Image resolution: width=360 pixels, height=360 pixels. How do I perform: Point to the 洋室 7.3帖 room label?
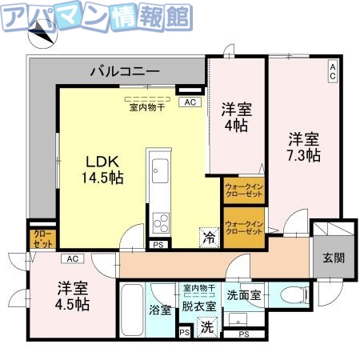coord(305,146)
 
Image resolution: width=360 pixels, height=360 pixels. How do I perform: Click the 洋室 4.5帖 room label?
coord(73,296)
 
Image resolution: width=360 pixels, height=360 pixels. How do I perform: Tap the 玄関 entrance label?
coord(334,258)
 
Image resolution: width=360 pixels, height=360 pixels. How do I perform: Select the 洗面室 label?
coord(243,294)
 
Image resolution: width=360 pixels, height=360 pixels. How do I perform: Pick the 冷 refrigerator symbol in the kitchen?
coord(209,237)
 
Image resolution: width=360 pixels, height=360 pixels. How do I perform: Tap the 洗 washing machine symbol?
coord(206,326)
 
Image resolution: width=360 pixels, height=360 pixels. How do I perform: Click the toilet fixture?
coord(300,294)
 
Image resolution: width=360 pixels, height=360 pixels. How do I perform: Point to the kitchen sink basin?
coord(158,170)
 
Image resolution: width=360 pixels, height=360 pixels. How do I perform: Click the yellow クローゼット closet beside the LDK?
coord(42,238)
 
